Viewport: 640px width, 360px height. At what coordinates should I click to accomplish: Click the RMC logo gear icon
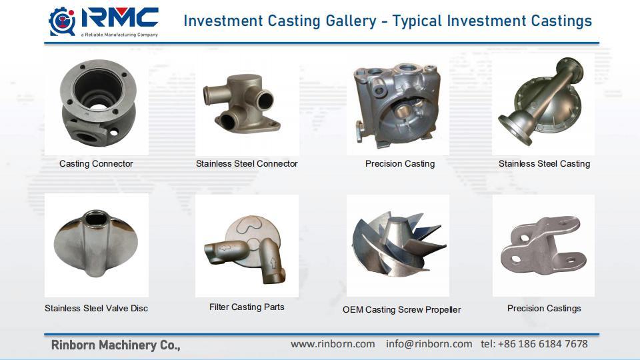[x=62, y=21]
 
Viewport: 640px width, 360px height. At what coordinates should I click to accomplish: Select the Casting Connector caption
[x=96, y=163]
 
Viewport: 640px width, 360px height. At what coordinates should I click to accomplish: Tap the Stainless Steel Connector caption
[x=247, y=163]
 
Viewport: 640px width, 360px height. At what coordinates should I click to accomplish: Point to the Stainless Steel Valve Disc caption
[x=96, y=308]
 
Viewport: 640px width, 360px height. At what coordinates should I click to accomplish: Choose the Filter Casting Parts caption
[x=247, y=307]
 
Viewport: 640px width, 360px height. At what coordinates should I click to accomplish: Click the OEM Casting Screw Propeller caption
[x=401, y=309]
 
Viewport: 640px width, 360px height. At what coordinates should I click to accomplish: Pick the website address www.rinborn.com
[x=333, y=344]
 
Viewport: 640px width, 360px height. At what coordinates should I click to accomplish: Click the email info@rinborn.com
[x=429, y=344]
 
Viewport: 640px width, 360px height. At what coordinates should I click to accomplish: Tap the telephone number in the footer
[x=534, y=344]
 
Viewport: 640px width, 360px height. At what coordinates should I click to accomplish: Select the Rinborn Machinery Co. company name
[x=115, y=345]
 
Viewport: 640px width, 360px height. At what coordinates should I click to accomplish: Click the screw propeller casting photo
[x=399, y=246]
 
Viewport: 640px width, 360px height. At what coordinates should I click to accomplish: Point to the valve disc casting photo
[x=96, y=245]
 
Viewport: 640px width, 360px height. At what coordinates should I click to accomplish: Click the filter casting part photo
[x=247, y=246]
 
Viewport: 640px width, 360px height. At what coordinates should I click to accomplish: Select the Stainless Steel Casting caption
[x=544, y=163]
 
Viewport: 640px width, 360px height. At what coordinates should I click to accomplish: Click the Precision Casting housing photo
[x=398, y=104]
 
